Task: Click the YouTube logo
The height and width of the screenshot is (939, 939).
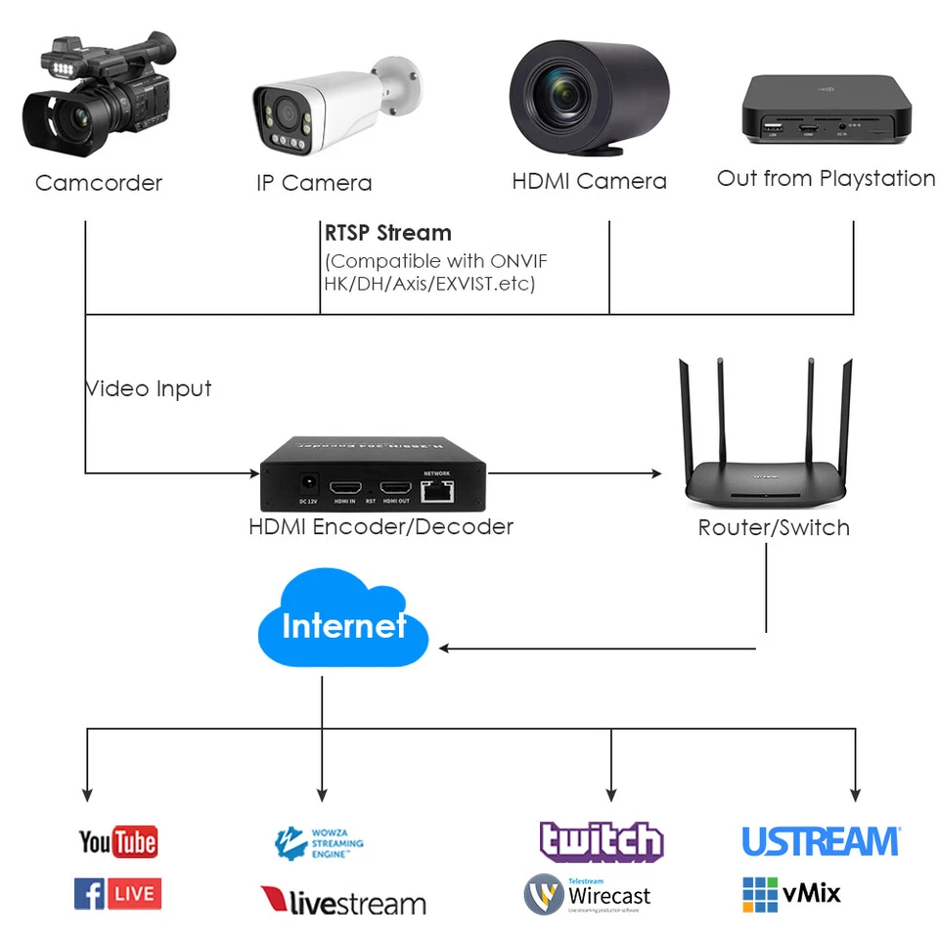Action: [x=117, y=842]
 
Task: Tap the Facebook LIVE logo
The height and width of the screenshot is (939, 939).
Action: [x=117, y=893]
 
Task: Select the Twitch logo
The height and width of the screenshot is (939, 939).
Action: [x=602, y=841]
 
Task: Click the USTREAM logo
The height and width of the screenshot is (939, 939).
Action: [x=820, y=842]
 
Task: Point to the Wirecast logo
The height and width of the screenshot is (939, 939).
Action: [x=587, y=894]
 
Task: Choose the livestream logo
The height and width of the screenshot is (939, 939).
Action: [x=343, y=900]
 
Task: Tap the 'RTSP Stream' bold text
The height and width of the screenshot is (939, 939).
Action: [x=388, y=233]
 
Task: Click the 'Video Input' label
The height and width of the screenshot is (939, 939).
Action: [x=149, y=388]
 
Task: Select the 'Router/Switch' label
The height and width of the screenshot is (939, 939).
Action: [x=774, y=528]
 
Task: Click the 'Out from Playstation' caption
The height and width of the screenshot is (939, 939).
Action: [x=826, y=179]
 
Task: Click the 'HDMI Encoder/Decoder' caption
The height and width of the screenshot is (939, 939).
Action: [x=380, y=527]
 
